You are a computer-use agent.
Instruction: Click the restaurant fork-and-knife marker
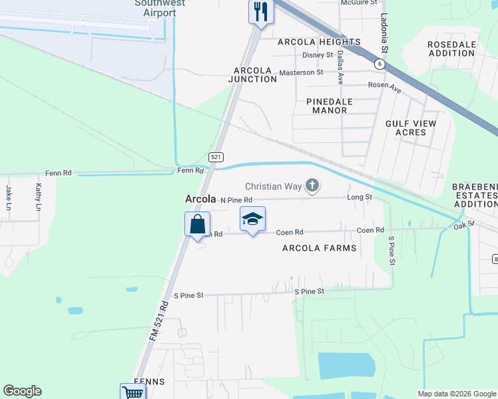tap(261, 12)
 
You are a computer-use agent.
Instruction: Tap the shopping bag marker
tap(197, 223)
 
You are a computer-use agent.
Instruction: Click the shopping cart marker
tap(132, 392)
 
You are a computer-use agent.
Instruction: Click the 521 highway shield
tap(215, 157)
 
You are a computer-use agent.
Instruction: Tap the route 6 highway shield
tap(379, 64)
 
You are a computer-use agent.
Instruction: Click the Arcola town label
tap(200, 199)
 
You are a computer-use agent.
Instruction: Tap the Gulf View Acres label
tap(411, 128)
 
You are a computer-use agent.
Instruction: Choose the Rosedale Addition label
tap(452, 49)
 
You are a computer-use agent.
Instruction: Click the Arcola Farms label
tap(319, 248)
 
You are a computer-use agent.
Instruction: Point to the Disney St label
tap(317, 55)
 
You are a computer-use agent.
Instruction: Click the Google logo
tap(22, 391)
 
